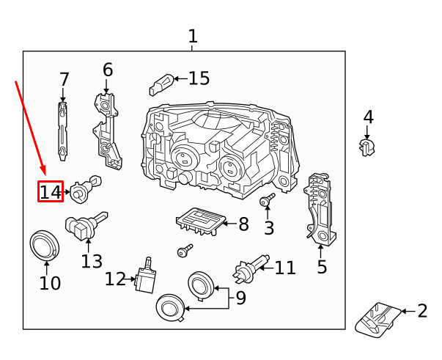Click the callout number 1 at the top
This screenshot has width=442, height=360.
192,35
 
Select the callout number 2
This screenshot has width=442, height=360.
421,311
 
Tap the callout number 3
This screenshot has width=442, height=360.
269,228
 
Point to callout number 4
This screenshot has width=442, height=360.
368,117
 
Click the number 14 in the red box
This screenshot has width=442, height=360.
51,192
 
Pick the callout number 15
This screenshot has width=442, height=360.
199,78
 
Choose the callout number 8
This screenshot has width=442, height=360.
243,224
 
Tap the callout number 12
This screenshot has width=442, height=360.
116,279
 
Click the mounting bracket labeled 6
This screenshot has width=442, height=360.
106,128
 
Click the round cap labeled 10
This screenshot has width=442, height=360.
45,245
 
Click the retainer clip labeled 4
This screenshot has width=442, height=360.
367,147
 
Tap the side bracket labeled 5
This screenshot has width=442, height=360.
320,209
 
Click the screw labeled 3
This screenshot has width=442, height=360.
267,200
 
